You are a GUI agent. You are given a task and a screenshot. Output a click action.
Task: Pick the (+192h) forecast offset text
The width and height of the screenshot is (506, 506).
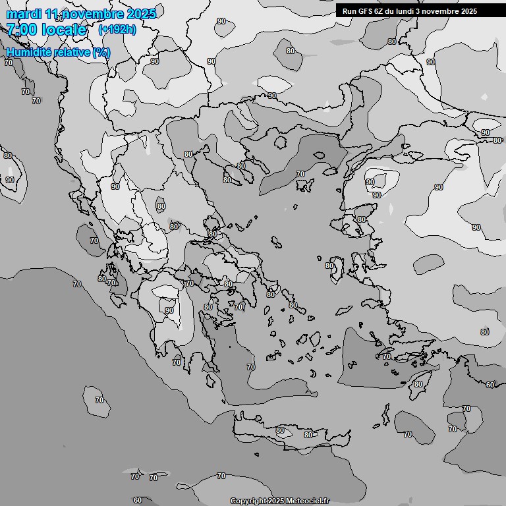coord(117,30)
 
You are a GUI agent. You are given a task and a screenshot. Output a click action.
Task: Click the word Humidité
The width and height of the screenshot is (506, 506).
coord(28,52)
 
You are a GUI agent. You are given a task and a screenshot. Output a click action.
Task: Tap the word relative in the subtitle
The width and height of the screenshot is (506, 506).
coord(72,52)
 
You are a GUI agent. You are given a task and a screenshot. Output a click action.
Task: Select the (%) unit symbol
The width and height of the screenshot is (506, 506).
coord(101,52)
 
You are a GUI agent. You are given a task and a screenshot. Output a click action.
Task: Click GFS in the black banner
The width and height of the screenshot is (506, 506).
coord(364,11)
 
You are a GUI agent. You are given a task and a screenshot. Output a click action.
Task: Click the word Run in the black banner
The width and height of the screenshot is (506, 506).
coord(349,11)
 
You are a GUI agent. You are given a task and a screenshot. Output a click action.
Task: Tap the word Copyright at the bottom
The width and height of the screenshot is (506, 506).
coord(248,501)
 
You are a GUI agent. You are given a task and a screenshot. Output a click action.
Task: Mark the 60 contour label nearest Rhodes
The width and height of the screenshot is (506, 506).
coord(490,385)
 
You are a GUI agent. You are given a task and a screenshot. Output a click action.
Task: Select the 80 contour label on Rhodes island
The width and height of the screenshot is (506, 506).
coord(418,384)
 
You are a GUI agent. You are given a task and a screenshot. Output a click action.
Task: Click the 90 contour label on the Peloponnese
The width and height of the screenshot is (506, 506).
coord(169,310)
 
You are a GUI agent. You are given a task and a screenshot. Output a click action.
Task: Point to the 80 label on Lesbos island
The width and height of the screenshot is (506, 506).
coord(361,219)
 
